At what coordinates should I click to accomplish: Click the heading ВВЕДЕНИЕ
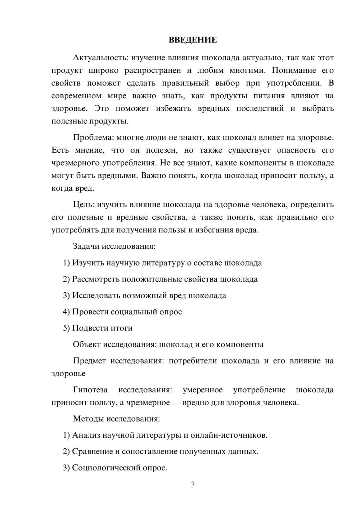193,40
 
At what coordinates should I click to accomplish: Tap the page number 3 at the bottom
193,485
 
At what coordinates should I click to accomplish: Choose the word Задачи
86,246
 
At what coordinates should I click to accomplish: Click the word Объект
87,344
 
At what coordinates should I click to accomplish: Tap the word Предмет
89,361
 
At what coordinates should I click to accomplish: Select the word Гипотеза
90,390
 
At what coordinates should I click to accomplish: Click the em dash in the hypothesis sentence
176,402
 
